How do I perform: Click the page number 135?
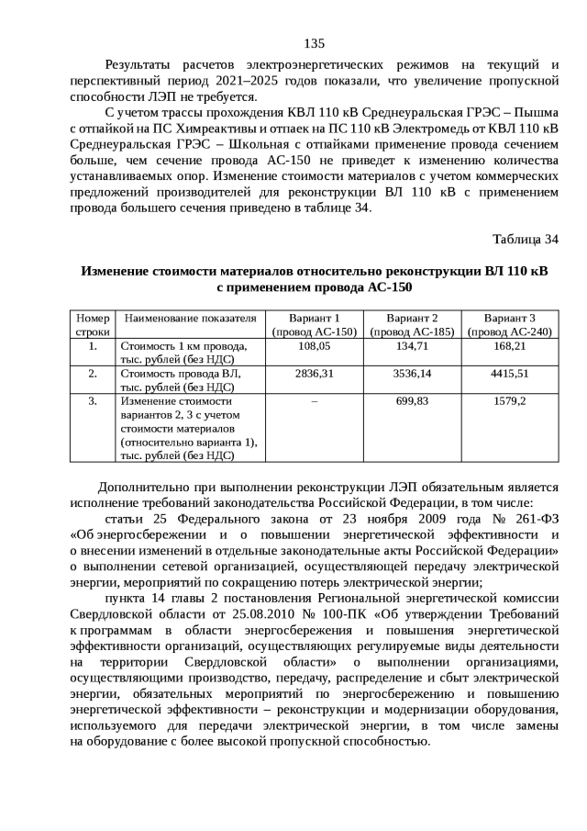pos(314,43)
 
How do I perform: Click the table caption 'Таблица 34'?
pos(525,240)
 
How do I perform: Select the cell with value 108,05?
pos(315,346)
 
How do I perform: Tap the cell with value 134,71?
pos(413,346)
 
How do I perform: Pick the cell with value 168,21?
pos(510,346)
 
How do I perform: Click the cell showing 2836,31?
pos(315,374)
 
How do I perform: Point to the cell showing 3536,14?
pos(413,374)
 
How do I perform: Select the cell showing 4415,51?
pos(510,374)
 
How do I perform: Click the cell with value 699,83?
pos(413,401)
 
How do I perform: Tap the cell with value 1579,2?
pos(510,401)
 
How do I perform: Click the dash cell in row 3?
pos(315,401)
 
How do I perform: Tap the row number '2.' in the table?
pos(93,374)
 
